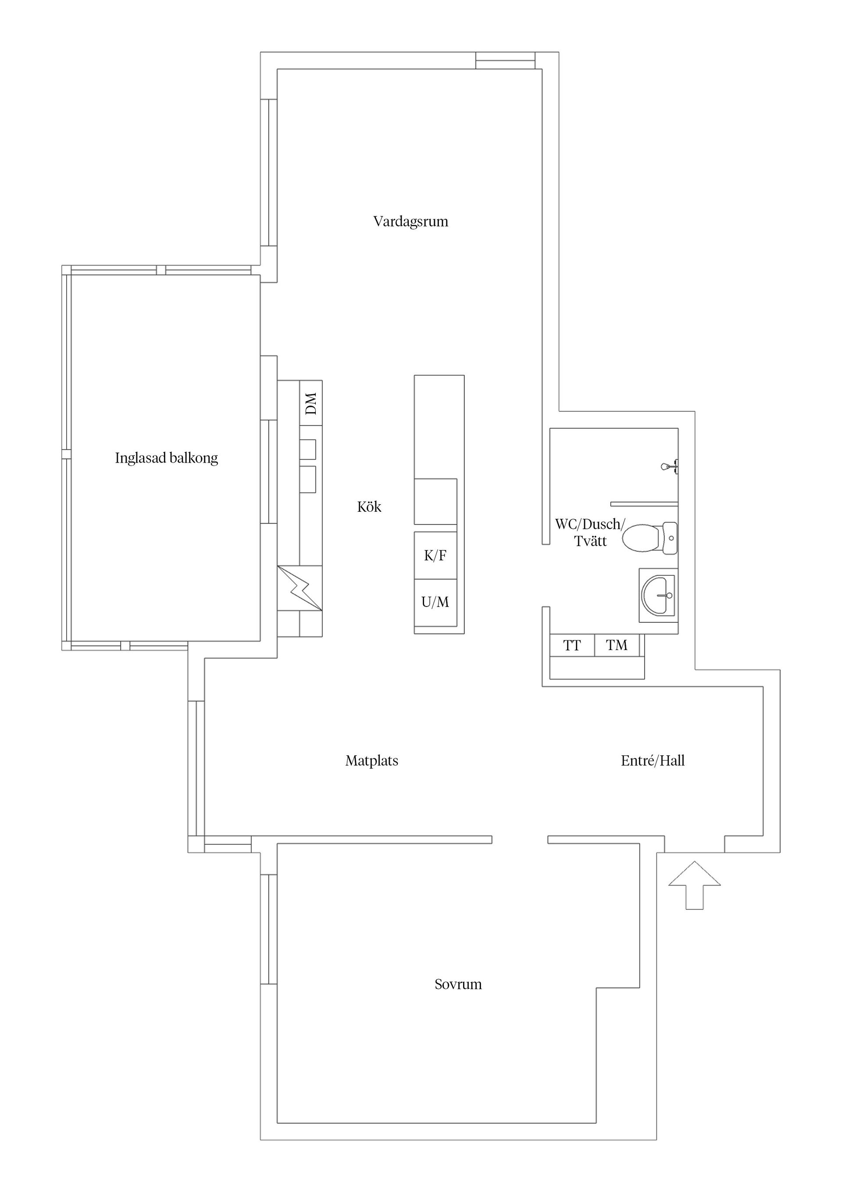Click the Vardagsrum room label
[410, 222]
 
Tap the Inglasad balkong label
[166, 458]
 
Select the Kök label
[369, 507]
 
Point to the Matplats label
[371, 761]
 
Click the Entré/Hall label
[652, 761]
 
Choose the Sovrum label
[458, 984]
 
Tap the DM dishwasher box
[311, 403]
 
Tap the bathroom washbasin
[658, 595]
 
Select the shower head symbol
[669, 466]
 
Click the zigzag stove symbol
[300, 588]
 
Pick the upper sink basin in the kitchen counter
[308, 449]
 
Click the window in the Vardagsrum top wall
[505, 60]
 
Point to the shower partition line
[644, 503]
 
